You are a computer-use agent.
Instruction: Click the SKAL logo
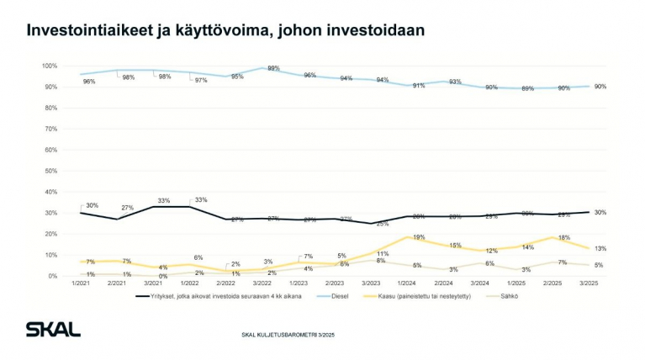click(52, 329)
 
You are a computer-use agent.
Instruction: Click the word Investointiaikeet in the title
click(87, 30)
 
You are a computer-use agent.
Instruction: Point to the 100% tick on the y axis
click(49, 66)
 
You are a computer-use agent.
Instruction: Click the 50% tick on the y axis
click(50, 171)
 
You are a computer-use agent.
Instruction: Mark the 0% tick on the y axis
click(52, 276)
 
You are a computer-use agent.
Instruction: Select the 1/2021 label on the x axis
click(81, 284)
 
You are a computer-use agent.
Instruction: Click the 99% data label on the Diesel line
click(273, 68)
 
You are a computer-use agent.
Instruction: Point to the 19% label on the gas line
click(418, 236)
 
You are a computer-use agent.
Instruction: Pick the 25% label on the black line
click(381, 225)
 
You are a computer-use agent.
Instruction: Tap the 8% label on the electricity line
click(381, 261)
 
